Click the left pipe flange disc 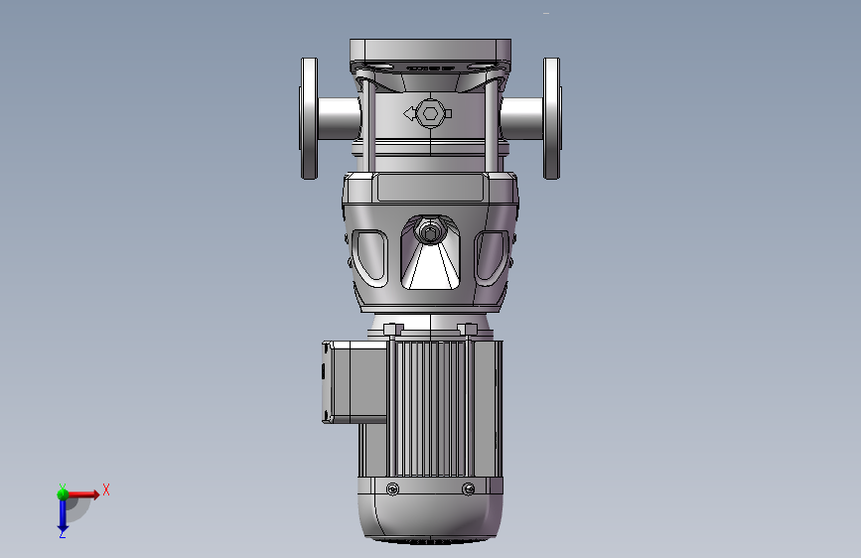(309, 118)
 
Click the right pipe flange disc (552, 118)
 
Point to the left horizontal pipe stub (339, 118)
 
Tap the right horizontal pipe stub (521, 118)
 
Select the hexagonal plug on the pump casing (430, 114)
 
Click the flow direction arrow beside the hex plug (409, 114)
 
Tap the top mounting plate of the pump (431, 51)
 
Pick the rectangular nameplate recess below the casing (431, 188)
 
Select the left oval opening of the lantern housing (369, 257)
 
